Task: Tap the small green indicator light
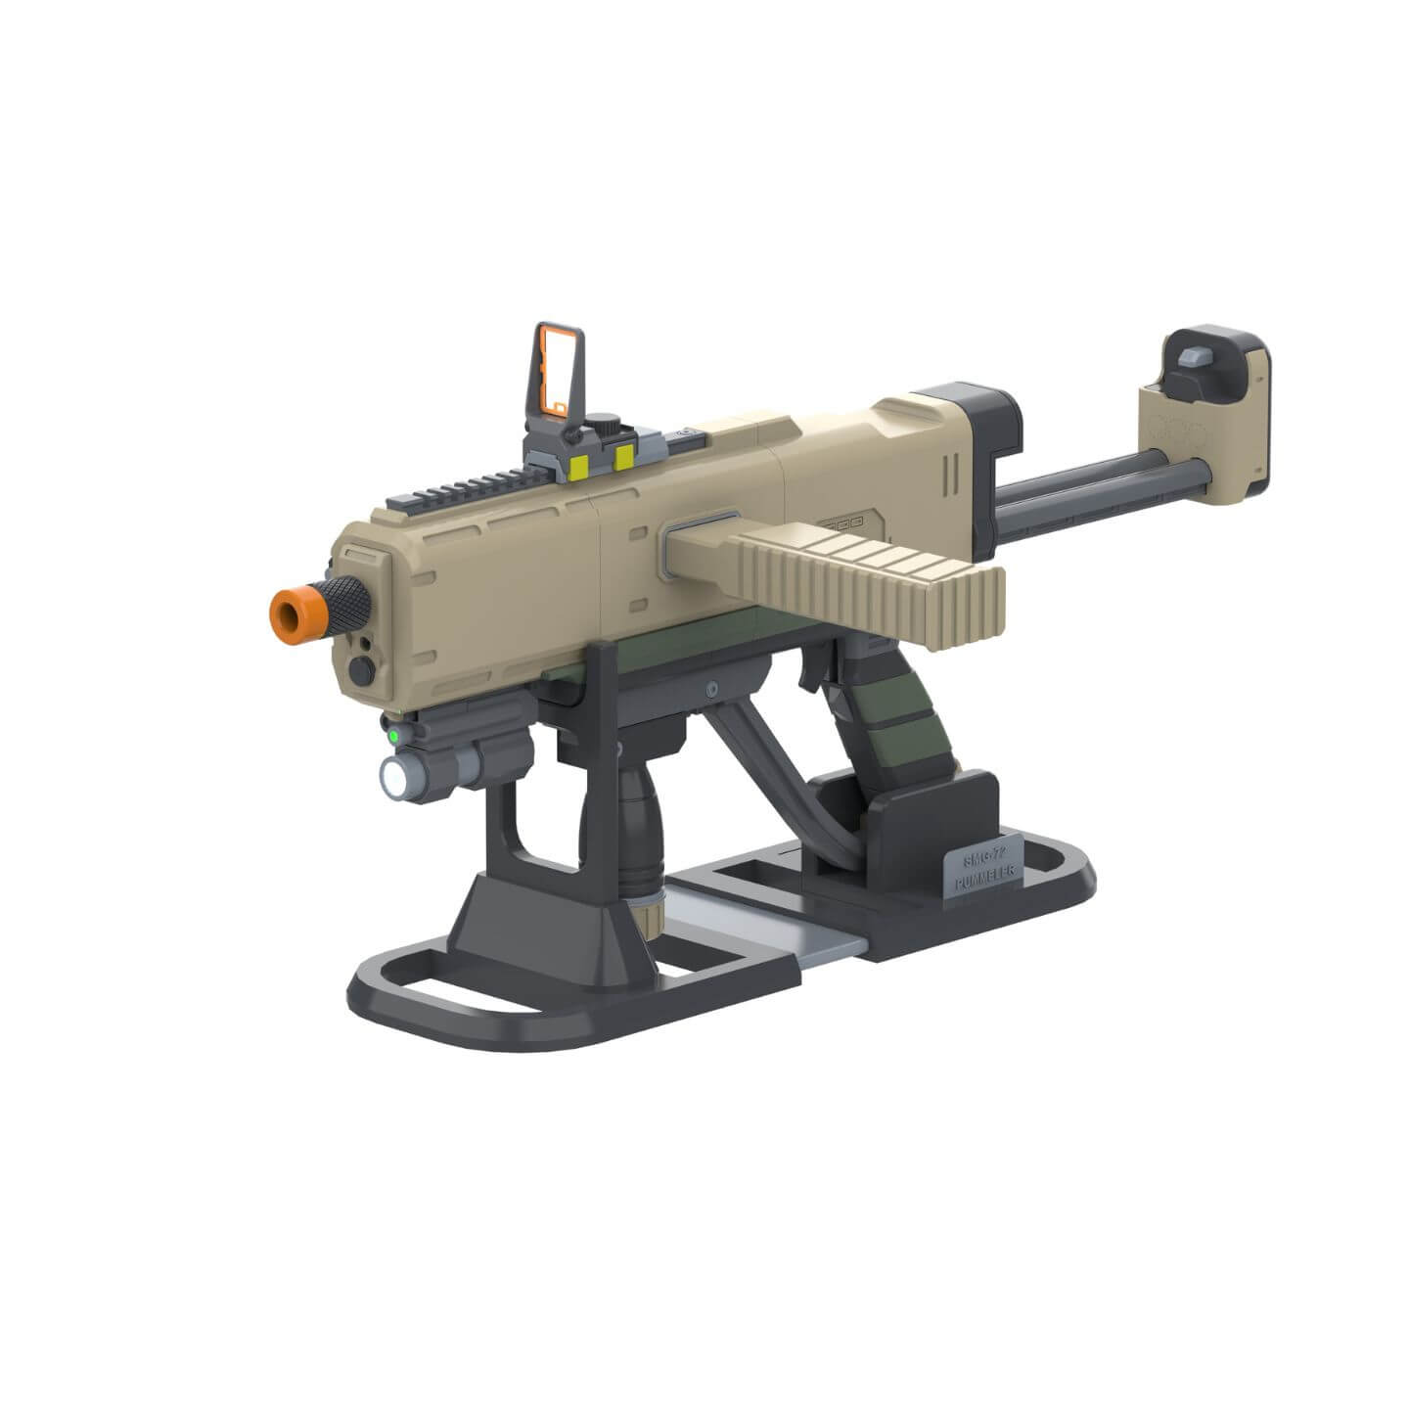[x=391, y=733]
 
